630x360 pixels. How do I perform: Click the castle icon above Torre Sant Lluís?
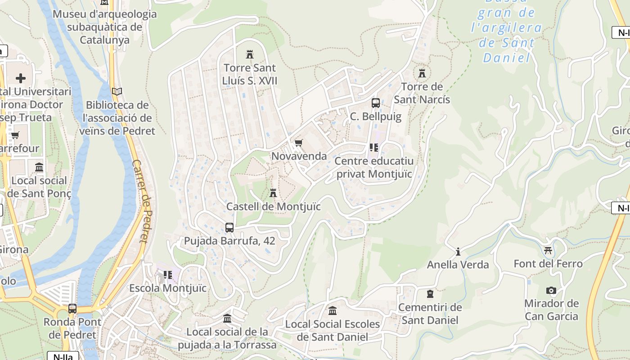[x=250, y=54]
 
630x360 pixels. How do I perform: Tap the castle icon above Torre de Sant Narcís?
[x=422, y=73]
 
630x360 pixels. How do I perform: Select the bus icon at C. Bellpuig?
[x=376, y=103]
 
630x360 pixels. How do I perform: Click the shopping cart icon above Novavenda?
[x=298, y=143]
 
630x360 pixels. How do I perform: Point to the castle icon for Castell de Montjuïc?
[x=273, y=193]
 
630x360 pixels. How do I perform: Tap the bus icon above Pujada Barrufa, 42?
[x=229, y=227]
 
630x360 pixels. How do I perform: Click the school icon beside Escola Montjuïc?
[x=168, y=274]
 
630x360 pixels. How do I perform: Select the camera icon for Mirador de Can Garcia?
[x=551, y=290]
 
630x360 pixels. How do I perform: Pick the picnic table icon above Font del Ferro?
[x=548, y=250]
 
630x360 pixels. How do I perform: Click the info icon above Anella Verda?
[x=458, y=251]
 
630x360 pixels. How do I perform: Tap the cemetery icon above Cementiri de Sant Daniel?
[x=430, y=294]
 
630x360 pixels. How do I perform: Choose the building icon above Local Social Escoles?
[x=333, y=310]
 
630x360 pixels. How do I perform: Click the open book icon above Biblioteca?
[x=117, y=91]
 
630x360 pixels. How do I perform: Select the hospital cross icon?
[x=21, y=78]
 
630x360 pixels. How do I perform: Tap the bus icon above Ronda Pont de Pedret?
[x=72, y=309]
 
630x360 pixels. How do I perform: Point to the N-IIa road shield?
[x=63, y=356]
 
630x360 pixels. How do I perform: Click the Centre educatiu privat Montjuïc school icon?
[x=374, y=147]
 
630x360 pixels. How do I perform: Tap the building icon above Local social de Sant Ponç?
[x=39, y=167]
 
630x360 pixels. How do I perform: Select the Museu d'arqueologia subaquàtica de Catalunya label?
[x=105, y=27]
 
